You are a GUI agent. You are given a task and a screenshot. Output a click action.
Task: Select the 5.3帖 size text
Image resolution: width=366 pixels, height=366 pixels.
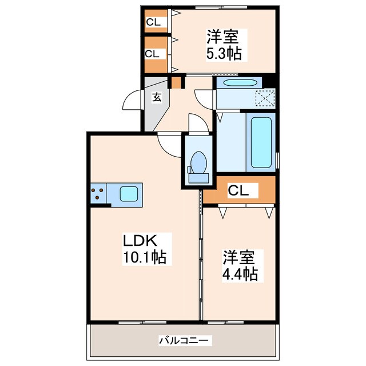point(224,54)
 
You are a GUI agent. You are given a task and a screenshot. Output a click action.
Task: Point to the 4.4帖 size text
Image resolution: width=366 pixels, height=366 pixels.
point(240,274)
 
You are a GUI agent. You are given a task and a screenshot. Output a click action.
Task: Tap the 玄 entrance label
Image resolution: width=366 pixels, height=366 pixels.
point(157,97)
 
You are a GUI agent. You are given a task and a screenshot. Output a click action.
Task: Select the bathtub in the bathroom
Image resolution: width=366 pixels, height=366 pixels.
point(261,141)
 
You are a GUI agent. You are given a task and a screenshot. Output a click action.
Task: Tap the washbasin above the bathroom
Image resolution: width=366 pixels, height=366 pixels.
point(236,83)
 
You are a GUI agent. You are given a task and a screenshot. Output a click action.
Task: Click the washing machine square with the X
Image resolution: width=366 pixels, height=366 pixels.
point(265,98)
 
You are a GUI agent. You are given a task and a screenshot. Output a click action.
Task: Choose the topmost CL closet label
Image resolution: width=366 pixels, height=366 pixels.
point(154,23)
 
